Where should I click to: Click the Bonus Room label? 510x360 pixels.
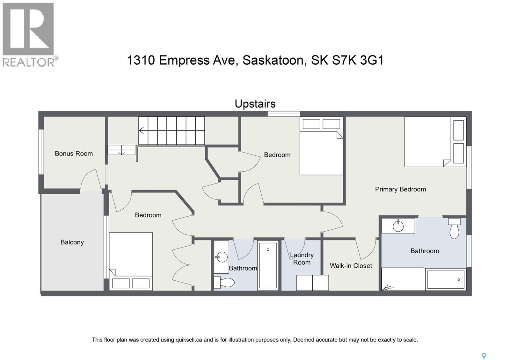click(74, 154)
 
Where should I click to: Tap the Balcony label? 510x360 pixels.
click(72, 242)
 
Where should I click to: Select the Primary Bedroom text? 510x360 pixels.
click(400, 189)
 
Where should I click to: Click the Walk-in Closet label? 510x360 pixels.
click(351, 266)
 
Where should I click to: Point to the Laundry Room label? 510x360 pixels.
click(302, 259)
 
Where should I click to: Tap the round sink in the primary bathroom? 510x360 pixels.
click(398, 226)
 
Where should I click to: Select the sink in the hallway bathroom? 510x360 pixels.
click(221, 256)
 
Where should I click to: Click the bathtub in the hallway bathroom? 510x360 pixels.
click(268, 265)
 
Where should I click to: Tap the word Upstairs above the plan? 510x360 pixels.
click(255, 104)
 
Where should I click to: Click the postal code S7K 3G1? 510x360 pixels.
click(358, 60)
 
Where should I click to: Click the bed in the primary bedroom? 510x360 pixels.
click(427, 142)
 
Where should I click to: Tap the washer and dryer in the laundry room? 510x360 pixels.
click(312, 283)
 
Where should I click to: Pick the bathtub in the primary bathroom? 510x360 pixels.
click(446, 279)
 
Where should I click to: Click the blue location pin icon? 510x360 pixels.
click(484, 356)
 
